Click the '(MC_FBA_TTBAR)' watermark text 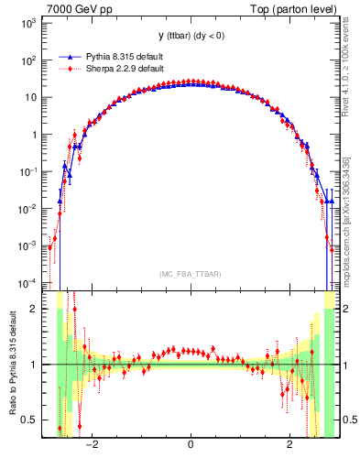click(x=190, y=273)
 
